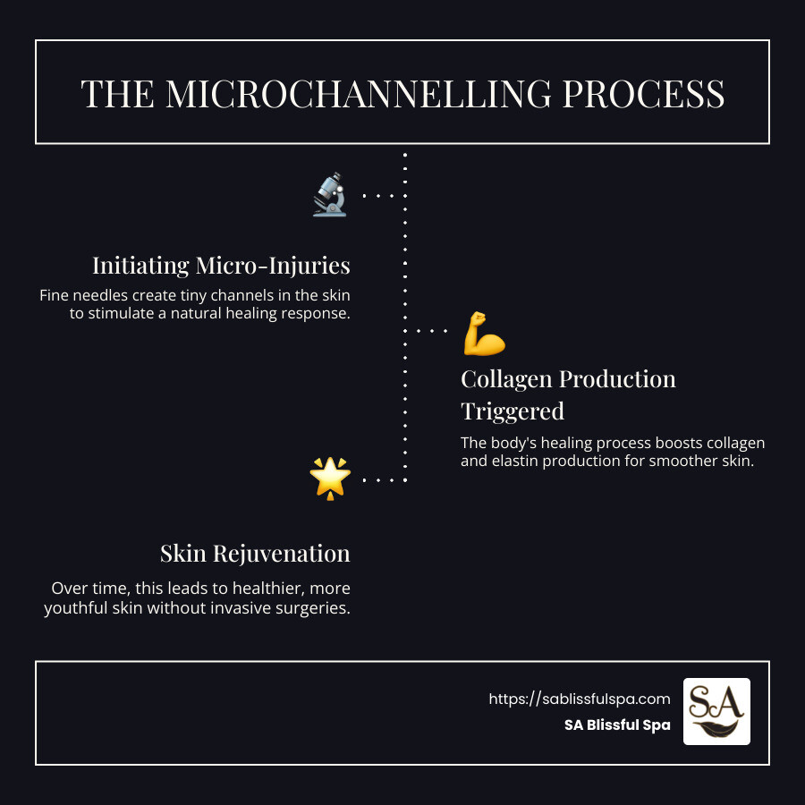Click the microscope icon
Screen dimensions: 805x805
[x=329, y=194]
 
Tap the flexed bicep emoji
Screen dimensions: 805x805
[x=484, y=333]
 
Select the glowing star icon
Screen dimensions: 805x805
[x=329, y=479]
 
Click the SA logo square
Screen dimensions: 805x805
[x=716, y=711]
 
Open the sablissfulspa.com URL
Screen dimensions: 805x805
[x=579, y=699]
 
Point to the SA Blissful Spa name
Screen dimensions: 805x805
[x=616, y=725]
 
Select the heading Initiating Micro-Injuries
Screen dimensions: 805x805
[x=221, y=266]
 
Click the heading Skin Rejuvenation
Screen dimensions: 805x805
[x=255, y=553]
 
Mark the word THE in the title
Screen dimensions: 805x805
[x=111, y=94]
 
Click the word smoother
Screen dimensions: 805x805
[x=691, y=462]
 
